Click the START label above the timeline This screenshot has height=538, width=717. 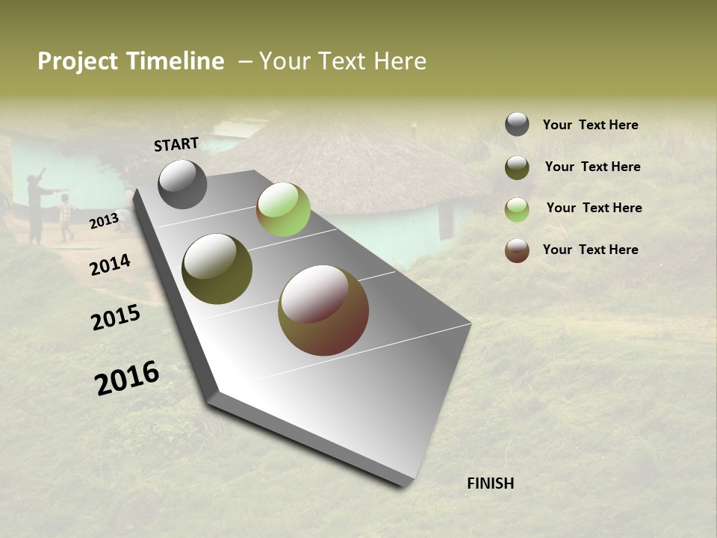[x=176, y=144]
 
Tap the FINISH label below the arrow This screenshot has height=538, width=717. [x=490, y=483]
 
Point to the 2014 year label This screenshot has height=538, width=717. [x=110, y=265]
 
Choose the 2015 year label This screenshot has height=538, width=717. [x=116, y=318]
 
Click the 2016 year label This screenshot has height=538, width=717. [x=127, y=377]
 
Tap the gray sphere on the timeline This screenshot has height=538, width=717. [x=182, y=184]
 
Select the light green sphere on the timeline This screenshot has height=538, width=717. [x=283, y=209]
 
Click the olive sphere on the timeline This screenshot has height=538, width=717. [x=217, y=269]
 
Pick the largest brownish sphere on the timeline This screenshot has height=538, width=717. [x=323, y=310]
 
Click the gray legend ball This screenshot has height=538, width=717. [x=517, y=125]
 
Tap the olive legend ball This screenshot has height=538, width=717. [x=517, y=167]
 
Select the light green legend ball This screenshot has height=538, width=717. [x=517, y=208]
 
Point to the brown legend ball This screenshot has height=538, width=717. [x=517, y=250]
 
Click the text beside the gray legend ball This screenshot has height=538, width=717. [x=590, y=125]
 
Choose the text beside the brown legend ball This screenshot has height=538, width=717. [x=590, y=250]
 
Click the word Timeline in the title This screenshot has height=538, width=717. [x=177, y=61]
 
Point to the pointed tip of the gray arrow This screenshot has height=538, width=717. [x=403, y=482]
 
